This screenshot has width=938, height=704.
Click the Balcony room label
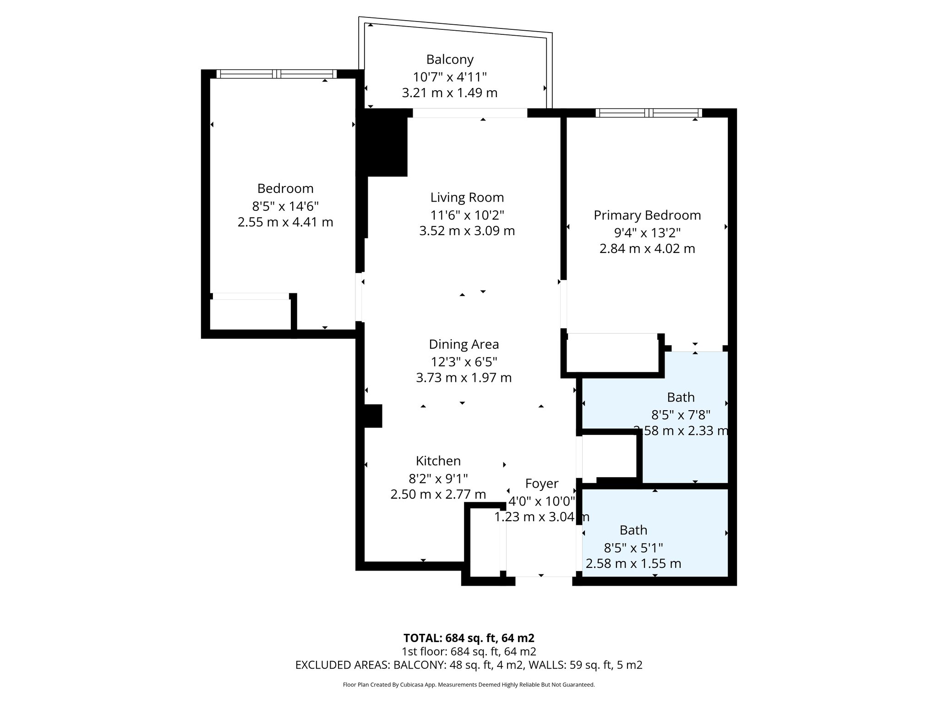[449, 60]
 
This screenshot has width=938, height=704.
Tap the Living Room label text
[467, 198]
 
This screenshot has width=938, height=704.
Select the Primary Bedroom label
[647, 215]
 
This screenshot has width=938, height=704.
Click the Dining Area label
[464, 344]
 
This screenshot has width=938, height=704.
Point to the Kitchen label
[438, 461]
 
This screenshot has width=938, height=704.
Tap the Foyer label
[541, 484]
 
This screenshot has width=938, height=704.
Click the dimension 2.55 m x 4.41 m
[285, 222]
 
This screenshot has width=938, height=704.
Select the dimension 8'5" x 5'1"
[633, 547]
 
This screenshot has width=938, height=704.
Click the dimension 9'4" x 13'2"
[647, 233]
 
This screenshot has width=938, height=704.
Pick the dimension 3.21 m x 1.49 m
[449, 93]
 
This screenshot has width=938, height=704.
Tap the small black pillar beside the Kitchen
[372, 416]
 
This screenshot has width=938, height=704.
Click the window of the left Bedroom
[276, 74]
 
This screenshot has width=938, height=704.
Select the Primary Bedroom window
[648, 113]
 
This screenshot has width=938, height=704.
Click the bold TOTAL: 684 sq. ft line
[469, 638]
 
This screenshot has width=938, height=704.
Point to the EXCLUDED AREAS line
[469, 665]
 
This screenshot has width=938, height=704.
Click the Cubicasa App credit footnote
[469, 685]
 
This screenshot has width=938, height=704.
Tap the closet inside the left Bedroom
[250, 314]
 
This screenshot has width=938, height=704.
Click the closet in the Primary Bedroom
[613, 355]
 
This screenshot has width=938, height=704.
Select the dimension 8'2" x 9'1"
[438, 478]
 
